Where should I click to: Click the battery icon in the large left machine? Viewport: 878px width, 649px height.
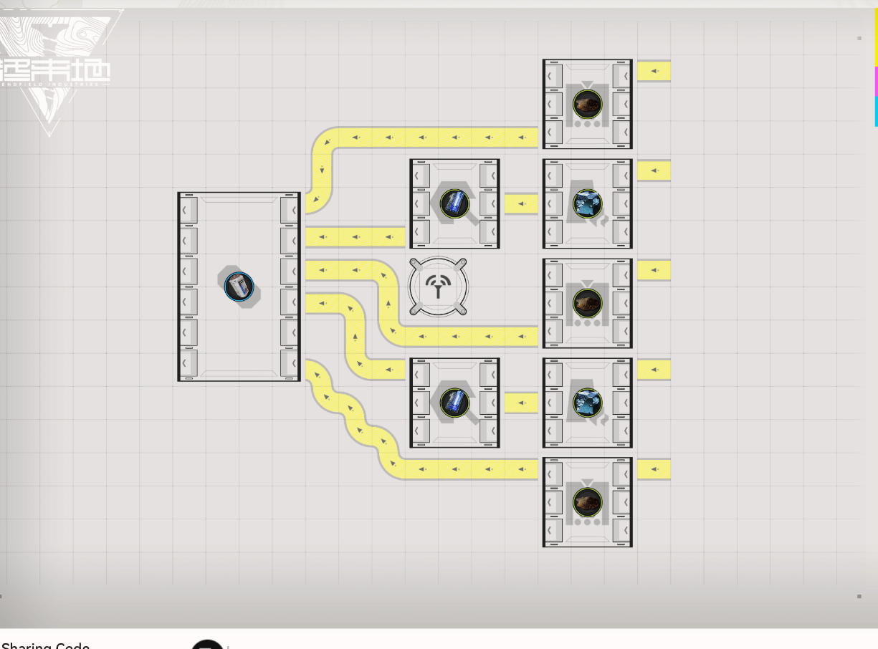239,287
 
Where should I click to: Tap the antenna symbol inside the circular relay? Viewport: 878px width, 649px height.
438,287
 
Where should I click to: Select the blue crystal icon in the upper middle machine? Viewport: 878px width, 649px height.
454,203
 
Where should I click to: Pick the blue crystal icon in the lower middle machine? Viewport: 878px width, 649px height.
454,403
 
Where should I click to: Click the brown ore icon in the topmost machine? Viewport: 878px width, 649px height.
588,105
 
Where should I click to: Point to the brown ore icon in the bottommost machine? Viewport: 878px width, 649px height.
588,502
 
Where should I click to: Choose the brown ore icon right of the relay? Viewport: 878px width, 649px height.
588,304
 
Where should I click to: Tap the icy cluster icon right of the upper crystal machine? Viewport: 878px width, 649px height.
588,204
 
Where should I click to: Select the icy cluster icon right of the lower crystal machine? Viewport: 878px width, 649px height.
588,403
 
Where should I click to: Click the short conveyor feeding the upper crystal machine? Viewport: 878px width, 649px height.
521,204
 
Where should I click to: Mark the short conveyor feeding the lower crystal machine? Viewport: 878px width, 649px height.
521,403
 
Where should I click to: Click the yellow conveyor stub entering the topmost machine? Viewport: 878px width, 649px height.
654,71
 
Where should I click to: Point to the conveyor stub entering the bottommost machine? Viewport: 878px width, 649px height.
654,469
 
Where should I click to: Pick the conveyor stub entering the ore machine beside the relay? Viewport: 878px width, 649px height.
654,270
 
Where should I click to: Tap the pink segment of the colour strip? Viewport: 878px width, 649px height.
875,82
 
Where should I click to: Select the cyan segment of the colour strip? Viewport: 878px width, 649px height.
875,111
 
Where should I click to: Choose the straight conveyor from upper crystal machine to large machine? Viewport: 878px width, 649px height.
355,236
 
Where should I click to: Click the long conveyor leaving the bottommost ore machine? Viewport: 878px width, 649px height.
466,469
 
